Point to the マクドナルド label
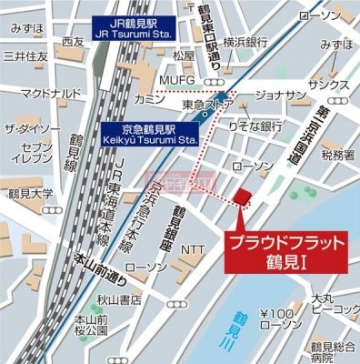pyautogui.click(x=54, y=93)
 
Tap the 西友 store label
pyautogui.click(x=74, y=42)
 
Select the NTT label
pyautogui.click(x=193, y=248)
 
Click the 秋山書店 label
pyautogui.click(x=120, y=298)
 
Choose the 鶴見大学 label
pyautogui.click(x=27, y=194)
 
